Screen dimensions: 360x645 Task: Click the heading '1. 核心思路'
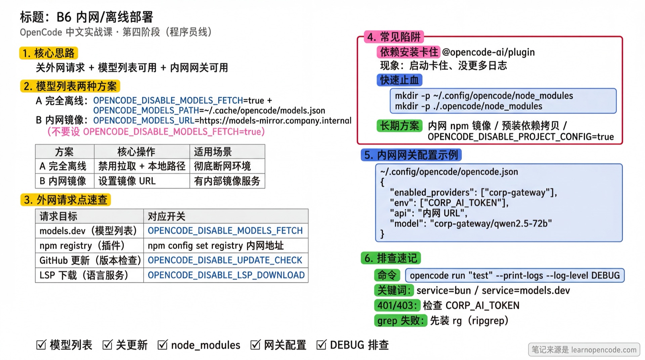point(49,53)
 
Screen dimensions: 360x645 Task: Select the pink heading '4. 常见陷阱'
point(393,37)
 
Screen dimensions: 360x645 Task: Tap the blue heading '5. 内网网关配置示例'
point(411,155)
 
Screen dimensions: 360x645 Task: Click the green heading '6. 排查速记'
point(390,258)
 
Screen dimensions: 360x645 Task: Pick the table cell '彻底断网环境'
point(222,166)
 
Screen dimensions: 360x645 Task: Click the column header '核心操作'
point(136,152)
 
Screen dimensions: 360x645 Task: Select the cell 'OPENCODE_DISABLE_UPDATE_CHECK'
point(225,260)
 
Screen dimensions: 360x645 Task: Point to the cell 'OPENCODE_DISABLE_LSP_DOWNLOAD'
point(226,275)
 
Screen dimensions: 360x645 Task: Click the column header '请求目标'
point(58,216)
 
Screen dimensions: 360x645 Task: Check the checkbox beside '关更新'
point(107,345)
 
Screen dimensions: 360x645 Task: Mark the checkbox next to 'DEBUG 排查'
point(321,345)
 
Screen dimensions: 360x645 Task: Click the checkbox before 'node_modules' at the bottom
point(163,345)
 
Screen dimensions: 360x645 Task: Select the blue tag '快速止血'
point(399,80)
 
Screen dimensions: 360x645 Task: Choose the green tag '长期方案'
point(399,126)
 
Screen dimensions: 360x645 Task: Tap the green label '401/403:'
point(397,305)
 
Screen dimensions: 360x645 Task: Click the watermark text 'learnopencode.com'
point(604,350)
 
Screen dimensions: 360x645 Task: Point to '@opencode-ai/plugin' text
point(488,52)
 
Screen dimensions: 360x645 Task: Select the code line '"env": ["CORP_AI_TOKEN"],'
point(449,203)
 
